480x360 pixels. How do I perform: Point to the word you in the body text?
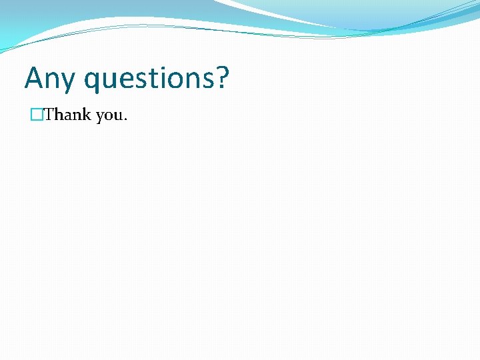click(x=109, y=116)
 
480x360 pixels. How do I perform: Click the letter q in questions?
click(x=93, y=81)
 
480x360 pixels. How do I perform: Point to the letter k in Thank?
click(x=87, y=115)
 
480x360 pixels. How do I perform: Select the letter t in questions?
click(x=155, y=79)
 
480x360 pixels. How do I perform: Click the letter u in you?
click(x=118, y=117)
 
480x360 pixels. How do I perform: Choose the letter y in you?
click(x=100, y=118)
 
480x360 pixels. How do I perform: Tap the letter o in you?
click(x=109, y=117)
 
